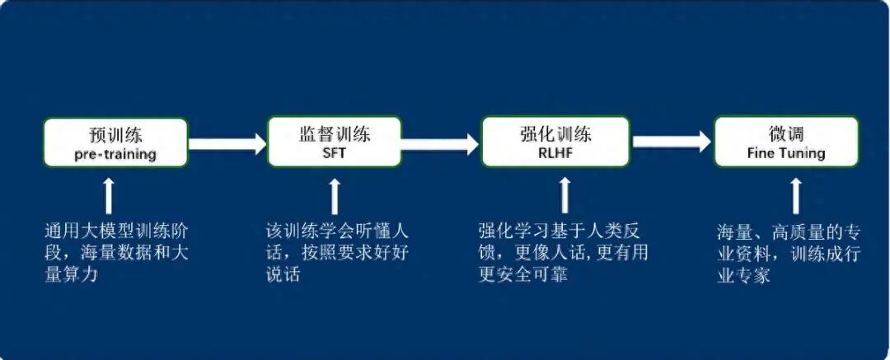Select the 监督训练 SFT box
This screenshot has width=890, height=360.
[x=334, y=142]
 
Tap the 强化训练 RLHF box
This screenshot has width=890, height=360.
[x=555, y=142]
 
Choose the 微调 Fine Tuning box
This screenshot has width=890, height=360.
[x=785, y=142]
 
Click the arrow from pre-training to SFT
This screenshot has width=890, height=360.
[x=227, y=143]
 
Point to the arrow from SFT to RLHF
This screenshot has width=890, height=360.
[x=440, y=143]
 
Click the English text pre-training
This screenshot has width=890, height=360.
[x=115, y=154]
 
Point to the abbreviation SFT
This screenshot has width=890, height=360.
[x=334, y=154]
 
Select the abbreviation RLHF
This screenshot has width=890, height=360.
[x=555, y=154]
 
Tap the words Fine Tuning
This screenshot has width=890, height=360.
[x=785, y=154]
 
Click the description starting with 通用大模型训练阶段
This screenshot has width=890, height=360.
[x=116, y=252]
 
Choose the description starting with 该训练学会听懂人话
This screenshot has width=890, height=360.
[x=337, y=252]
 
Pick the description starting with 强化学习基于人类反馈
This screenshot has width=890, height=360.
[x=563, y=252]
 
